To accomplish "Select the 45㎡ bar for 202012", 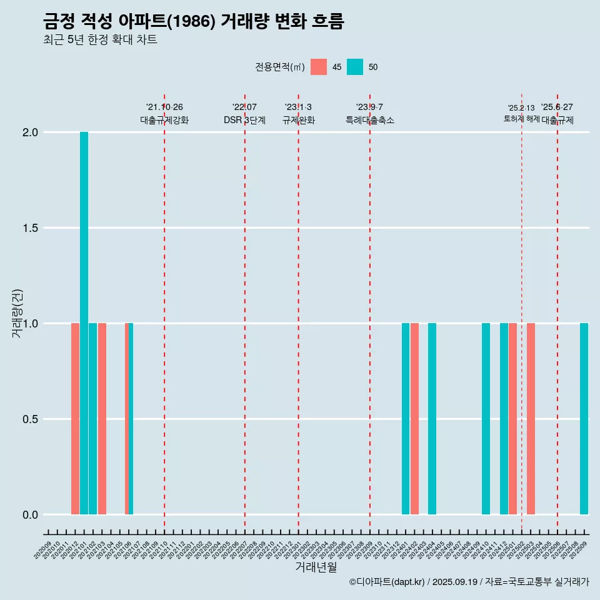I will (75, 419).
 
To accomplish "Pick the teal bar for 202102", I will (92, 419).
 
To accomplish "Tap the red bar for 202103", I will (102, 419).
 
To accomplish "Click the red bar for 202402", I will (414, 419).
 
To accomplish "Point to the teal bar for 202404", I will (432, 419).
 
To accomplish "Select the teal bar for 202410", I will (486, 419).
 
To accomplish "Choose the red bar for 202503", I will (531, 419).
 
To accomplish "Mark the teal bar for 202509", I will (584, 419).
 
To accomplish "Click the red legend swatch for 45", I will (319, 67).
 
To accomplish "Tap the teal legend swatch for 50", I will (355, 67).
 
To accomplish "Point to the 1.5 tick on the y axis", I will (31, 228).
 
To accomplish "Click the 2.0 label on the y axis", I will (31, 132).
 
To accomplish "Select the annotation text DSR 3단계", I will (244, 121).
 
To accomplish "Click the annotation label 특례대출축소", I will (370, 121).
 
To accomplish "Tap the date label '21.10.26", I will (164, 107).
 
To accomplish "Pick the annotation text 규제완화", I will (298, 121).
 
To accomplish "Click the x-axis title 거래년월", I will (316, 567).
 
